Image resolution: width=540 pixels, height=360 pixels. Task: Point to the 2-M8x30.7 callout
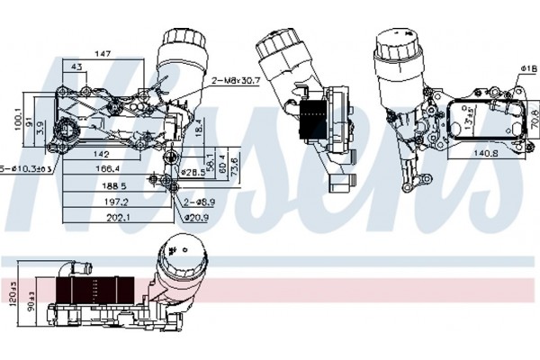(x=235, y=80)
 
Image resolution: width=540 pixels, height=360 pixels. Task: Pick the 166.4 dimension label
(x=108, y=167)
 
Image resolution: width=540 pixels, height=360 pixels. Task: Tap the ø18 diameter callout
(x=526, y=69)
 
